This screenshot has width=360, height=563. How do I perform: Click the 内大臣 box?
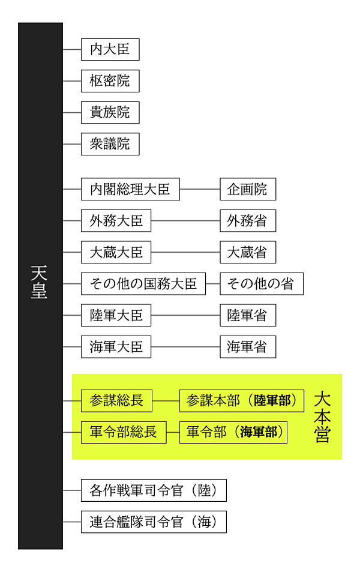[110, 49]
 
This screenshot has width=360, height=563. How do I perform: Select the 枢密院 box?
[110, 81]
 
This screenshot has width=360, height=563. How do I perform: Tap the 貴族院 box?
[110, 112]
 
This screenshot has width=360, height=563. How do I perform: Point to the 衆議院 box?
[110, 144]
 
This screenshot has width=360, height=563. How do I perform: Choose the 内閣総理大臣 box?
[130, 189]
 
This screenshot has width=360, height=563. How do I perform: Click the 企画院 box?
[247, 189]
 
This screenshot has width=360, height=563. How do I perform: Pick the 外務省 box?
[247, 221]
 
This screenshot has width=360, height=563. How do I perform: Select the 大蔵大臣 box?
[116, 252]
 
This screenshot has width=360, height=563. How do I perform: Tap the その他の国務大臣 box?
[143, 284]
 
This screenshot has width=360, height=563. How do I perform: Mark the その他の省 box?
[261, 284]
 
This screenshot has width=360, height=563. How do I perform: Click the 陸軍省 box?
[247, 315]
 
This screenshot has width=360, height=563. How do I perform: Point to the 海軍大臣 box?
[116, 347]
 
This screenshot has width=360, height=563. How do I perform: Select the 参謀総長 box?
[116, 400]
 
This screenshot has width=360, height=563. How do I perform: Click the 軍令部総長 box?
[123, 432]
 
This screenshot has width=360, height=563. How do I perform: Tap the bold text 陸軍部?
[275, 400]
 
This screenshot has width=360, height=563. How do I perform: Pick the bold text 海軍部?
[259, 432]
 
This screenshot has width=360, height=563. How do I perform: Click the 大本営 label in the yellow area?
[322, 417]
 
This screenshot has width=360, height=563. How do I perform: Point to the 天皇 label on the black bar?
[40, 282]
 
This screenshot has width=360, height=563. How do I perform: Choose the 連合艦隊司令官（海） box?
[154, 522]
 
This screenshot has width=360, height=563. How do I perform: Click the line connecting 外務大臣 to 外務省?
[185, 221]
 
